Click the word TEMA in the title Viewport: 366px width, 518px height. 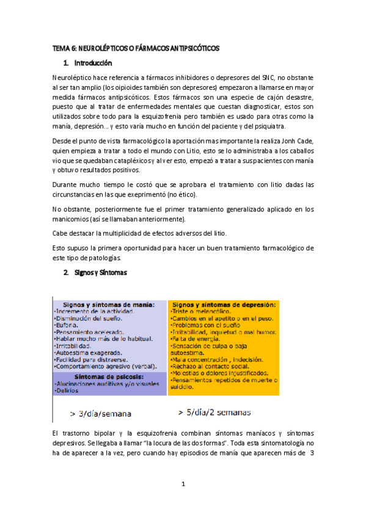61,48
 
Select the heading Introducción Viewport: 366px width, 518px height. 93,63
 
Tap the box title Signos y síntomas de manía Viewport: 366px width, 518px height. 109,304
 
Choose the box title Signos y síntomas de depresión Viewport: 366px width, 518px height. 224,304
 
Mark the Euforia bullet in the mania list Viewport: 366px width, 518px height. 68,325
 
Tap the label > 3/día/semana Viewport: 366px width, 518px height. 100,414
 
